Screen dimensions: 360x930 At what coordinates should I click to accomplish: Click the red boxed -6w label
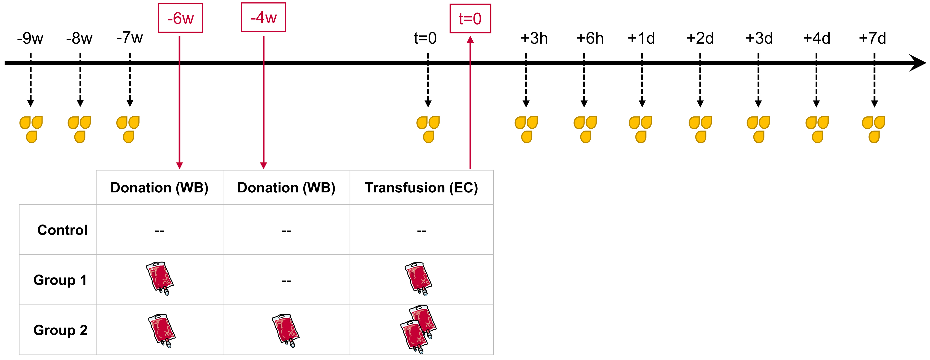181,18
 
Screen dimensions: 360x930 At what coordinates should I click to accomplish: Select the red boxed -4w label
264,17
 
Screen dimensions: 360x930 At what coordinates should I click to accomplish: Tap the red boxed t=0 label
470,19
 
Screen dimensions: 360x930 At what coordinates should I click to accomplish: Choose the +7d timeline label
872,38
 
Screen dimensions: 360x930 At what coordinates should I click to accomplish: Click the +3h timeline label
534,38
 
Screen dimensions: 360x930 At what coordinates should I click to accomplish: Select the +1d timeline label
641,38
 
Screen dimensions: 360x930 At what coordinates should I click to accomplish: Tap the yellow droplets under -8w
79,129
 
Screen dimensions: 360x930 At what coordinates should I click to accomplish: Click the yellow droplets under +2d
700,129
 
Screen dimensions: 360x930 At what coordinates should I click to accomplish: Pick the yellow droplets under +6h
585,129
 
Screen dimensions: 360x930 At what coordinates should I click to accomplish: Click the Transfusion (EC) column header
421,188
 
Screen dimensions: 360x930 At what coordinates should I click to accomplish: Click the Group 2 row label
60,330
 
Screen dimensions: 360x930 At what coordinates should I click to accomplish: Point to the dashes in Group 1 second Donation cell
286,281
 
